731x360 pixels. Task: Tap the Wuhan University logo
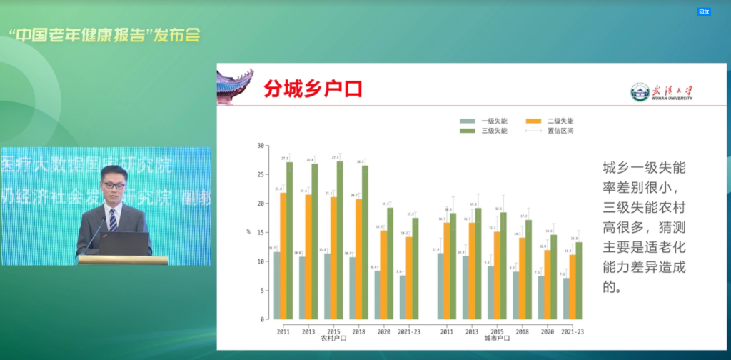pos(662,92)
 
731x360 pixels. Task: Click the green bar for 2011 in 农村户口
pos(289,240)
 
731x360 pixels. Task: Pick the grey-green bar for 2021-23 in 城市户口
pos(566,298)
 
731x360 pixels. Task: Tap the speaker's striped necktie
pos(113,219)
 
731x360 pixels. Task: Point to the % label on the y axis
pos(248,231)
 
